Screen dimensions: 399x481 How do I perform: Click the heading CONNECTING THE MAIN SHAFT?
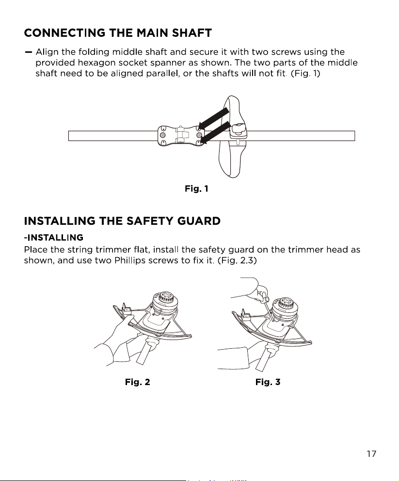click(x=118, y=33)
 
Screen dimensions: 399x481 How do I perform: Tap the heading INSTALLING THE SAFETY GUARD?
click(x=122, y=221)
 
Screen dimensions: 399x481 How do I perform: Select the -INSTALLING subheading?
click(x=54, y=237)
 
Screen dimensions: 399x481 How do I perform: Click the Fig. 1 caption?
click(x=196, y=188)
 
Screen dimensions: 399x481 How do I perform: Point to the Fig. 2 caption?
click(x=138, y=382)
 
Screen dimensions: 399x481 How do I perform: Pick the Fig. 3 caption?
click(x=268, y=382)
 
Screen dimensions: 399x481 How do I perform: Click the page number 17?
click(x=371, y=454)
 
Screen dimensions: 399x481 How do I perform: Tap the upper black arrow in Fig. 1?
click(x=213, y=118)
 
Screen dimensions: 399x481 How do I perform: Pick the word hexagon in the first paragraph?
click(x=96, y=63)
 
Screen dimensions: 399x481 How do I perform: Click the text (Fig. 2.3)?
click(x=237, y=261)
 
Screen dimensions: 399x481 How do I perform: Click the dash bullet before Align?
click(x=29, y=52)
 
